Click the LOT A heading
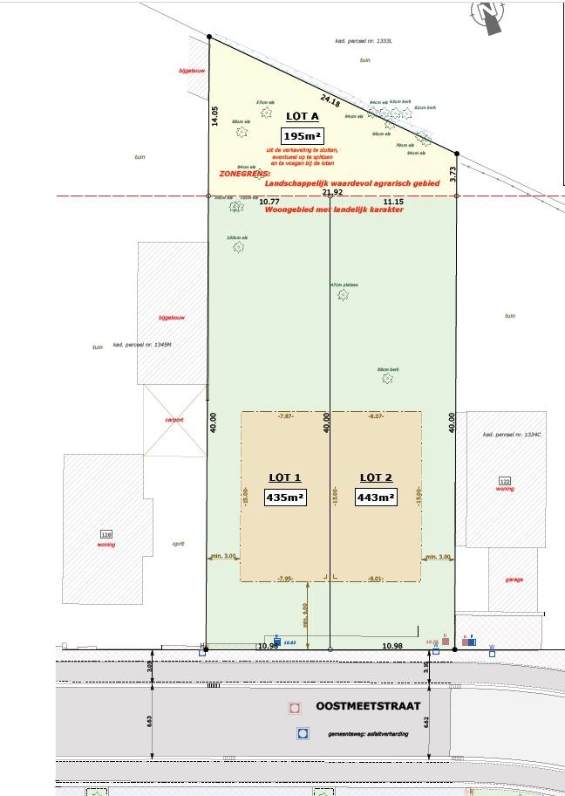(302, 115)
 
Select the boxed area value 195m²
(302, 136)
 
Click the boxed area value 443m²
(376, 497)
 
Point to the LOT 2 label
(376, 477)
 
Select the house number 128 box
(107, 534)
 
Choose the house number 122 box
(504, 481)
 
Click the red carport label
(175, 420)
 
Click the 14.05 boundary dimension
(214, 117)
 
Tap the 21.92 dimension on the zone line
(331, 192)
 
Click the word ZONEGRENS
(239, 174)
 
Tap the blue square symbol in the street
(303, 734)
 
